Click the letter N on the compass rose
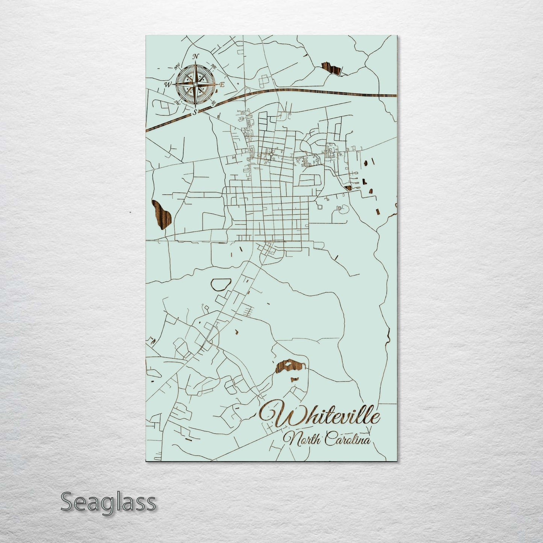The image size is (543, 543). (x=195, y=57)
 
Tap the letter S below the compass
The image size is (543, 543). (x=195, y=112)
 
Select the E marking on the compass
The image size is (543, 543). (x=222, y=85)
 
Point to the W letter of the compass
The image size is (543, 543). (x=167, y=85)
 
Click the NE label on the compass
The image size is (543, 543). (x=214, y=67)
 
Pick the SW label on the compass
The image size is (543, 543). (x=176, y=102)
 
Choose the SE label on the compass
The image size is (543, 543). (x=214, y=103)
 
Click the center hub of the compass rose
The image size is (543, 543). (x=195, y=84)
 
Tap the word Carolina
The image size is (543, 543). (x=348, y=439)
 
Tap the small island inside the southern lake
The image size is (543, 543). (x=289, y=363)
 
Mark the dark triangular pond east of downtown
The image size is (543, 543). (x=348, y=188)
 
